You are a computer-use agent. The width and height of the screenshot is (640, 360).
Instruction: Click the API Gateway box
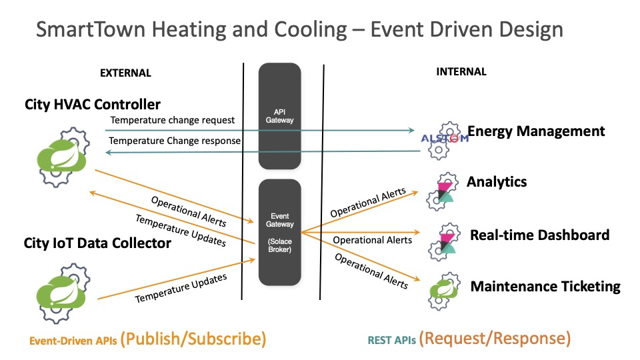coord(279,116)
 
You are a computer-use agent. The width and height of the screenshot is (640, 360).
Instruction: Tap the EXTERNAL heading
coord(125,73)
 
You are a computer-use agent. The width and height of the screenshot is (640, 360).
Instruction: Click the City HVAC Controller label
coord(93,105)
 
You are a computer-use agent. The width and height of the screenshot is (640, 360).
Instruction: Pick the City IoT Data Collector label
coord(98,243)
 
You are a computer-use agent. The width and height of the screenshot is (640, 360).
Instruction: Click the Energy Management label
coord(536,131)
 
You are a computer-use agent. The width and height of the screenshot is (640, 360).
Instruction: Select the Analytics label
coord(497,182)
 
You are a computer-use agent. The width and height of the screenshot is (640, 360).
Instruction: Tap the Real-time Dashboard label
coord(539,235)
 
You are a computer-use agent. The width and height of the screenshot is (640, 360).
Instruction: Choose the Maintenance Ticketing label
coord(545,287)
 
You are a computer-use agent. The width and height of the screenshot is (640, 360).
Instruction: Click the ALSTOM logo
coord(445,139)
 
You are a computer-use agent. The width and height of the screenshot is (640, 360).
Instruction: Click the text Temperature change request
coord(172,121)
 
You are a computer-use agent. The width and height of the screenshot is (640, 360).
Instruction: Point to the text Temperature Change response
coord(175,141)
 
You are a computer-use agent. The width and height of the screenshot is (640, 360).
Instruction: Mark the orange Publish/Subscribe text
coord(195,339)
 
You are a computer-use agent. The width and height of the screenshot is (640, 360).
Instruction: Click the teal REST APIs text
coord(391,340)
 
